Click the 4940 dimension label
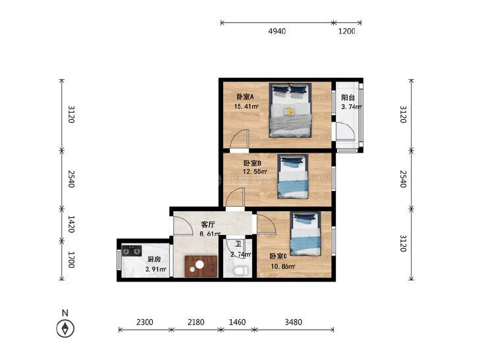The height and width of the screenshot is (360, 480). (277, 31)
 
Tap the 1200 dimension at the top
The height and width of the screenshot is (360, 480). (346, 31)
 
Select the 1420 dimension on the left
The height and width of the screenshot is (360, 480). (71, 224)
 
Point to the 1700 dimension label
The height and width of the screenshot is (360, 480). (71, 260)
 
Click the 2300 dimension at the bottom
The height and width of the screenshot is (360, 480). (144, 322)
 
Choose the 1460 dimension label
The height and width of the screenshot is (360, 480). (237, 322)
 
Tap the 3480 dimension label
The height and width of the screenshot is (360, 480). (293, 322)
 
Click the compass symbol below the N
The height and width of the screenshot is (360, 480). (65, 328)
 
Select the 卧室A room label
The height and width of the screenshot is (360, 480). (245, 97)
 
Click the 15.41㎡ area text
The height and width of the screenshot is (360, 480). (246, 107)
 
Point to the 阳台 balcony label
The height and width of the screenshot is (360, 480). (348, 97)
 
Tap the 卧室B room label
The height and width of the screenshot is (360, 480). (252, 163)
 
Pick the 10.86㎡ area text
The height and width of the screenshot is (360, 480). (283, 267)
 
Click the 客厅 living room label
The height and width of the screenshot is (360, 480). (208, 224)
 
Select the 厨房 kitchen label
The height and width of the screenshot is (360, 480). (153, 259)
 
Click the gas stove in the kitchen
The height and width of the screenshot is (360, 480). (132, 251)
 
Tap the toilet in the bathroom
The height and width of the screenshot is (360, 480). (240, 270)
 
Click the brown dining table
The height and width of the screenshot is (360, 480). (201, 267)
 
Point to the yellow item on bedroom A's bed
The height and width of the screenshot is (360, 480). (288, 112)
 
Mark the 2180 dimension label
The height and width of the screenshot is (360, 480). (196, 322)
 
